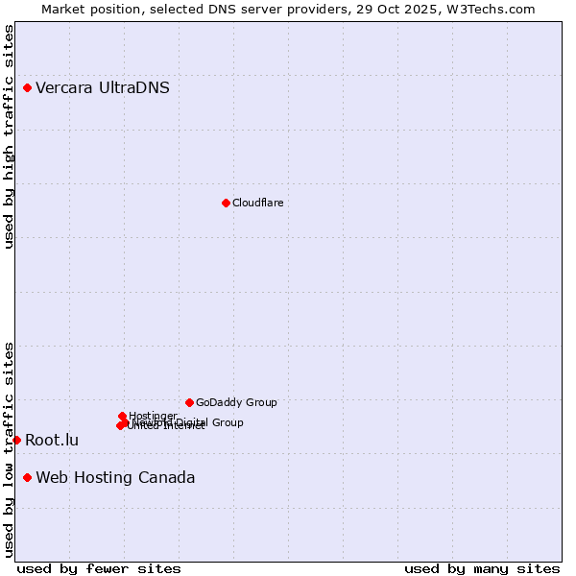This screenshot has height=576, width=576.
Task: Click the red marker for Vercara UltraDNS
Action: pyautogui.click(x=27, y=88)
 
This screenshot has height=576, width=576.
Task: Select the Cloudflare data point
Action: pyautogui.click(x=226, y=203)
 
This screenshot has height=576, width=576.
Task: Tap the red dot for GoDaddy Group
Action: pyautogui.click(x=189, y=402)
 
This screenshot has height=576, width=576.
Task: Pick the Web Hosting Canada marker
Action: pyautogui.click(x=27, y=478)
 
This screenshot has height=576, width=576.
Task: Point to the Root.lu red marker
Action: pyautogui.click(x=16, y=440)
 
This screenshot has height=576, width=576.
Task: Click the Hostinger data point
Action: pyautogui.click(x=122, y=416)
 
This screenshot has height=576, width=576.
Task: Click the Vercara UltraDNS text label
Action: pyautogui.click(x=103, y=88)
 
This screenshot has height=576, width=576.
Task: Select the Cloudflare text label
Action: pyautogui.click(x=257, y=203)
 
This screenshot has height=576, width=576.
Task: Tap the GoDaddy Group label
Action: pyautogui.click(x=236, y=402)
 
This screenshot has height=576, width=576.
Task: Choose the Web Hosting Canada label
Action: pyautogui.click(x=115, y=478)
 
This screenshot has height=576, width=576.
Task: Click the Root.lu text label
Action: pyautogui.click(x=52, y=441)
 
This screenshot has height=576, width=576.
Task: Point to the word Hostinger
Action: pyautogui.click(x=153, y=416)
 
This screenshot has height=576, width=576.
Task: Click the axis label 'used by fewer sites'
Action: pyautogui.click(x=99, y=568)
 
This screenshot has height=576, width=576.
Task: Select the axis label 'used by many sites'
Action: pyautogui.click(x=482, y=568)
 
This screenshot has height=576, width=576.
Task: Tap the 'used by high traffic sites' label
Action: pyautogui.click(x=10, y=136)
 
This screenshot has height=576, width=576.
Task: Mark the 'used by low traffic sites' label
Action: pyautogui.click(x=10, y=448)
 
